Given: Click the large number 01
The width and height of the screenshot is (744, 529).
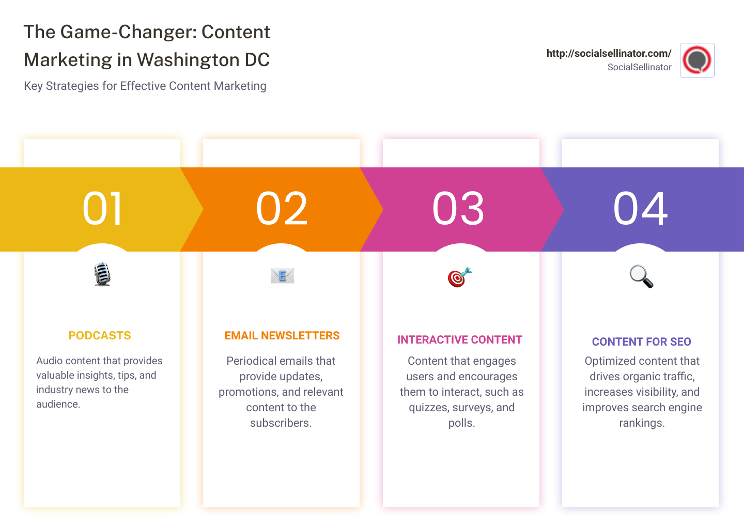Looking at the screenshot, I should (x=102, y=209).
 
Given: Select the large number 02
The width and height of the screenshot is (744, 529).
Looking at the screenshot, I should (x=282, y=209).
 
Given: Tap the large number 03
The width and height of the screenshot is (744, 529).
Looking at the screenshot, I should (x=458, y=209).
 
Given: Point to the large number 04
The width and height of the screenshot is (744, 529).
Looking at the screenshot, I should (x=640, y=209).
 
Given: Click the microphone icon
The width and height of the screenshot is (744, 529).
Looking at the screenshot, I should (x=102, y=274).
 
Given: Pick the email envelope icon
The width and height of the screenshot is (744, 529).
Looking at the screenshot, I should (x=282, y=276).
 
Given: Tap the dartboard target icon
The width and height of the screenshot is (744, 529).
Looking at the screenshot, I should (x=459, y=277).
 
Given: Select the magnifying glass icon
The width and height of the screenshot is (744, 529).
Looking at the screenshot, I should (x=641, y=276).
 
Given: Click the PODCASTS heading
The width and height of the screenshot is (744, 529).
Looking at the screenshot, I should (x=100, y=336).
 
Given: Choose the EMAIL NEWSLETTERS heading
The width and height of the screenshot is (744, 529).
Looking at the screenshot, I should (x=282, y=336).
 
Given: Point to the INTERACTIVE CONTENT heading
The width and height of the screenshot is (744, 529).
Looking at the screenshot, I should (x=459, y=340).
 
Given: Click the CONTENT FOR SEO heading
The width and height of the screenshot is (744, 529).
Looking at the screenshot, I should (x=641, y=342).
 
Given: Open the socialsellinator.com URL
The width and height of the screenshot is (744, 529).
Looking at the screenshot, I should (x=609, y=53).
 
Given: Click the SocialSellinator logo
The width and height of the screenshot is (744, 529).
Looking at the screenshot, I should (x=697, y=60).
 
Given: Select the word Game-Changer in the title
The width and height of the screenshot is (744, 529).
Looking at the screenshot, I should (x=128, y=32).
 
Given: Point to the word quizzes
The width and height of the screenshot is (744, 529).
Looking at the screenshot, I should (x=428, y=408).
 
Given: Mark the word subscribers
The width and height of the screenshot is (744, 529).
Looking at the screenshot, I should (x=281, y=423).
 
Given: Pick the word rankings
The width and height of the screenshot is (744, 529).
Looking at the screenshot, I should (x=641, y=423).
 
